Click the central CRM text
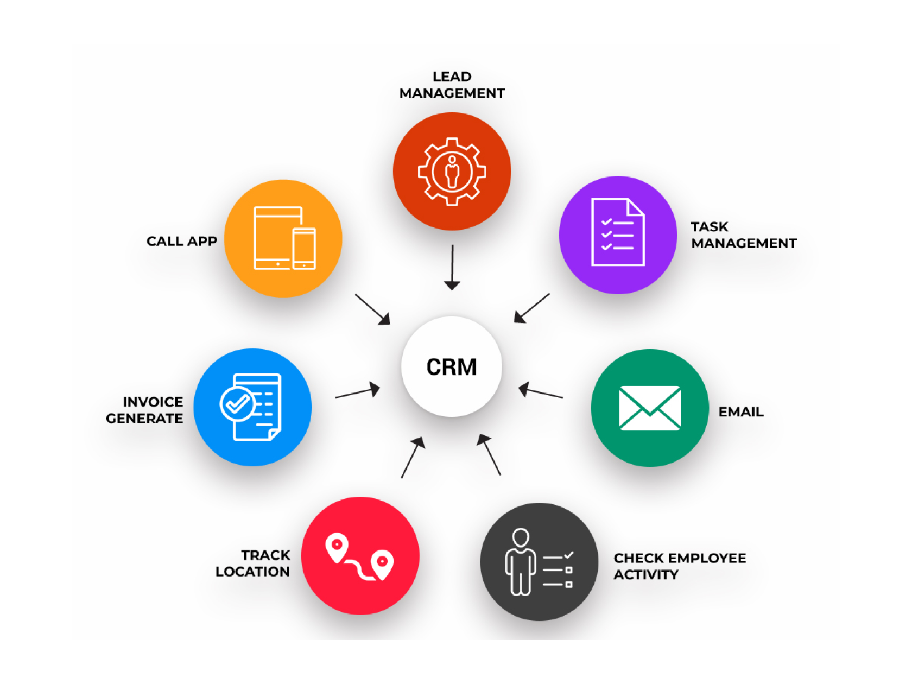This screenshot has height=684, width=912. pyautogui.click(x=451, y=367)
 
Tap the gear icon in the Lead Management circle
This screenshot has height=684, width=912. pyautogui.click(x=452, y=172)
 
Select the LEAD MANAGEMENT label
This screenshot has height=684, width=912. pyautogui.click(x=452, y=85)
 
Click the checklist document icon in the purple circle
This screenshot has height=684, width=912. pyautogui.click(x=618, y=232)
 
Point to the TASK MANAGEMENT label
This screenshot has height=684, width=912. pyautogui.click(x=743, y=235)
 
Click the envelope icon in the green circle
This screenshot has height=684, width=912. pyautogui.click(x=649, y=408)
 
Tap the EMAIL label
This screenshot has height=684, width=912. pyautogui.click(x=740, y=412)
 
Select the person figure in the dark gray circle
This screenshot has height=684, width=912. pyautogui.click(x=521, y=562)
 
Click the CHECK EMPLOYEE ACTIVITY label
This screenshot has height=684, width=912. pyautogui.click(x=679, y=566)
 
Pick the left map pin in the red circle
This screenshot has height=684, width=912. pyautogui.click(x=337, y=547)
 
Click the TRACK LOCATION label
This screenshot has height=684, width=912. pyautogui.click(x=254, y=563)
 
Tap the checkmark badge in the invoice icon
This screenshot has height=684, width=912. pyautogui.click(x=237, y=404)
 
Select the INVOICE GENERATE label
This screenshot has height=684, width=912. pyautogui.click(x=145, y=410)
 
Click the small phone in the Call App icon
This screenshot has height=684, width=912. pyautogui.click(x=304, y=249)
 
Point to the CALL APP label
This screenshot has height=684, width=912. pyautogui.click(x=182, y=242)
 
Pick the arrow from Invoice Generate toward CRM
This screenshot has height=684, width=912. pyautogui.click(x=358, y=392)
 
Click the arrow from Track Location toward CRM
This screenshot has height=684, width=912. pyautogui.click(x=413, y=458)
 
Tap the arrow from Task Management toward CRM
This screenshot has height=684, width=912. pyautogui.click(x=531, y=308)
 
